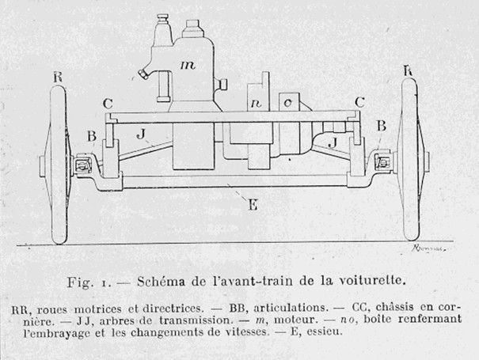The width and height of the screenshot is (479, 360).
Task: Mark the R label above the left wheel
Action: pyautogui.click(x=57, y=77)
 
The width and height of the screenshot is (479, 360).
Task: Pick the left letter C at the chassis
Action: pyautogui.click(x=108, y=103)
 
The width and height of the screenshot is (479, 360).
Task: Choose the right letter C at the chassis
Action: pyautogui.click(x=360, y=101)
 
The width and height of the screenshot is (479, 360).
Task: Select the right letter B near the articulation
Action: pyautogui.click(x=381, y=126)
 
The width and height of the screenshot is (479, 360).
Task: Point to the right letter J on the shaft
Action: pyautogui.click(x=333, y=142)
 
